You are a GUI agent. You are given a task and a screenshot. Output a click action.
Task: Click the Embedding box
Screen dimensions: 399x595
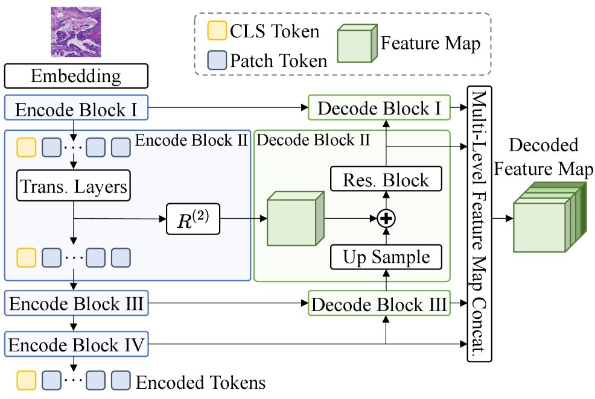(x=76, y=77)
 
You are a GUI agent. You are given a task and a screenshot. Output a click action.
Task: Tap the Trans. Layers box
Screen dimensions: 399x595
(x=74, y=187)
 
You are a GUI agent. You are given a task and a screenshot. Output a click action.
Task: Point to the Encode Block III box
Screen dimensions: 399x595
(x=76, y=304)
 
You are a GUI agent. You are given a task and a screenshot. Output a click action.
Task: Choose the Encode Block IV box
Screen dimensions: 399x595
(x=76, y=345)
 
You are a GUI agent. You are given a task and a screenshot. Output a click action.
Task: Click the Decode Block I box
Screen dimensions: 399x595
(x=380, y=108)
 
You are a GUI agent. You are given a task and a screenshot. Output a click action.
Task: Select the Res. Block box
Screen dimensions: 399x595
(x=386, y=180)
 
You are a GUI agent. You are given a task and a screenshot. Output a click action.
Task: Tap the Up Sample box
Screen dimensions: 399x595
(x=386, y=257)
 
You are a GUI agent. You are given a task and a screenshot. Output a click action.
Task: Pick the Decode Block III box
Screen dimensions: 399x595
(x=380, y=304)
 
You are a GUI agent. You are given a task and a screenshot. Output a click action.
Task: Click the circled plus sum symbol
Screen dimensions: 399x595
(x=385, y=219)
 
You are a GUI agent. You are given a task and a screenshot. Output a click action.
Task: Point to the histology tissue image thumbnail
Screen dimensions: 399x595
(x=76, y=31)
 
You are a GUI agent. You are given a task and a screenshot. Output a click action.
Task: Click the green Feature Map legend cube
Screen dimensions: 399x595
(x=357, y=44)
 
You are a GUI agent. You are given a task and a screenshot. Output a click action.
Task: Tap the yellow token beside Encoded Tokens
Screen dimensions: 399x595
(x=26, y=381)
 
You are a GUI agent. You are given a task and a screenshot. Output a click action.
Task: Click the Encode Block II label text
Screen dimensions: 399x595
(x=191, y=140)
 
